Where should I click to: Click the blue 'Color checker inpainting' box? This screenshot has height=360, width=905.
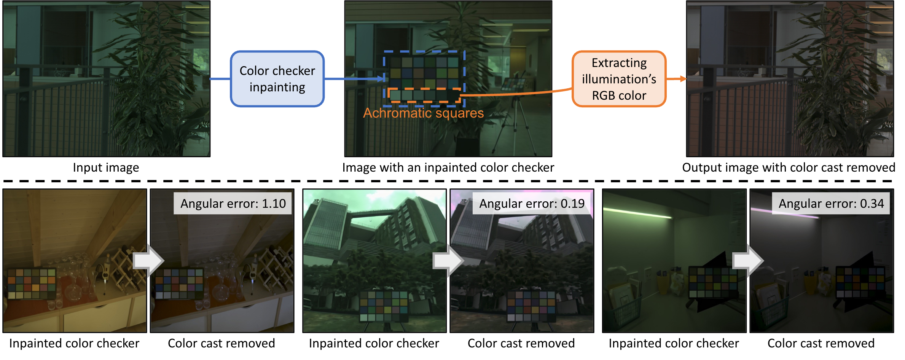pos(277,79)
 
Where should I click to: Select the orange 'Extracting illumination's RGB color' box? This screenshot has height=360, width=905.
pos(619,79)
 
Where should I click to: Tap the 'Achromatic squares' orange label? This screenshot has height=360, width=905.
pos(423,113)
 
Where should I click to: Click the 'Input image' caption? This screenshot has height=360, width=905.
pos(106,167)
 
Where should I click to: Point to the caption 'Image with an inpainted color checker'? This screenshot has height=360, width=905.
pos(448,167)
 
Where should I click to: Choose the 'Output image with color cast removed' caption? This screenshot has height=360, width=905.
pos(789,167)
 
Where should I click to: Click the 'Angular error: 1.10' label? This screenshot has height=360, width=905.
pos(233,204)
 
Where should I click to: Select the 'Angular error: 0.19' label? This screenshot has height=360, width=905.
pos(532,204)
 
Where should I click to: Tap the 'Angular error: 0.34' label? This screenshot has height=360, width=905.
pos(831,204)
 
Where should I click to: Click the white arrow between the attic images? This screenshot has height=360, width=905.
pos(149,261)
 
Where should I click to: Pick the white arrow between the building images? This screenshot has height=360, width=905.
pos(448,261)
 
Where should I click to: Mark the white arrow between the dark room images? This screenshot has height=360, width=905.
pos(748,261)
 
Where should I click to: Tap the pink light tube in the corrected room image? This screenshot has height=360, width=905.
pos(785,213)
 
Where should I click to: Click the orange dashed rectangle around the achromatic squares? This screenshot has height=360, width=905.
pos(424,89)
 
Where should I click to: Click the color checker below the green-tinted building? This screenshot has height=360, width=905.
pos(384,307)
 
